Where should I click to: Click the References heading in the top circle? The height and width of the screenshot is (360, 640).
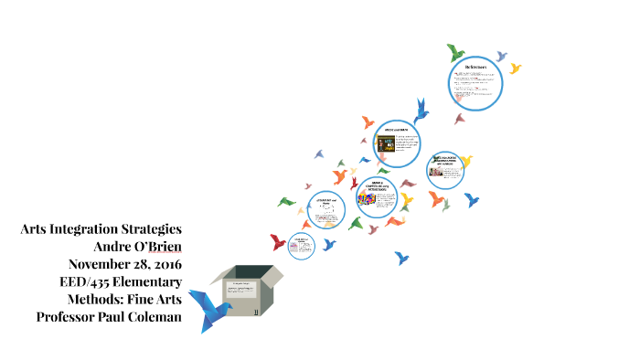click(475, 67)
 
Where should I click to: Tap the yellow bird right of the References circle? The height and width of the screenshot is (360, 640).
click(516, 69)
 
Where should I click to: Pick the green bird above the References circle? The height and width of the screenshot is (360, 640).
click(453, 50)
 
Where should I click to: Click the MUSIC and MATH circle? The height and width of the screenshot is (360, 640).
click(397, 143)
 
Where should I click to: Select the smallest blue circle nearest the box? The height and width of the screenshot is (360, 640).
click(302, 245)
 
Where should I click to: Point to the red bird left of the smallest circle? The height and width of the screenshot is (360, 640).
click(277, 242)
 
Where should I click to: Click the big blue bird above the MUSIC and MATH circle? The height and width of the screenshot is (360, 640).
click(422, 111)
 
